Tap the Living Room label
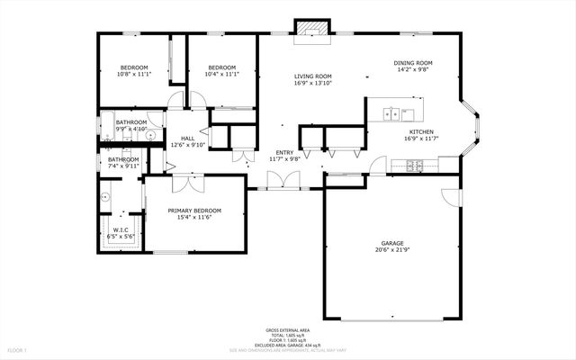tap(312, 76)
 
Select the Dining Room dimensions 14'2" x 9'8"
tap(412, 70)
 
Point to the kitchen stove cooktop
tap(415, 165)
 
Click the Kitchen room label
tap(422, 131)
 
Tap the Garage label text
tap(391, 243)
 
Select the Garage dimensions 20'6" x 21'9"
tap(391, 250)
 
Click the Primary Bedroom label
tap(193, 211)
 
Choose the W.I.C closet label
tap(120, 229)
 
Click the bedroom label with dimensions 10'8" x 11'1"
tap(133, 67)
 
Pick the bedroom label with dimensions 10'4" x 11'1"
tap(221, 67)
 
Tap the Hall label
tap(188, 138)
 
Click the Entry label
tap(284, 152)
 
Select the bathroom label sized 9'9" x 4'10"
tap(130, 121)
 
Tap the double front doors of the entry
tap(287, 180)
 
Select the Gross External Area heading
tap(287, 330)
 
